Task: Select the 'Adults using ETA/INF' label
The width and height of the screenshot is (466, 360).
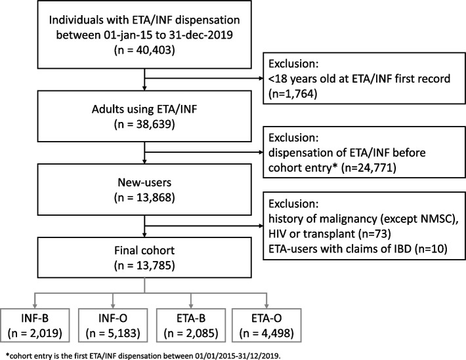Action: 144,110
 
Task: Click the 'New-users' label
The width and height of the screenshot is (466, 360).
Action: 144,182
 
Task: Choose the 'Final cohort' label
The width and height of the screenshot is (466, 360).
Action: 144,250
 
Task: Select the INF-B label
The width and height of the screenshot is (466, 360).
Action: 35,319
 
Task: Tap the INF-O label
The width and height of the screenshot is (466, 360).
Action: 113,319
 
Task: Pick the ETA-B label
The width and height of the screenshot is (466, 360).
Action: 191,319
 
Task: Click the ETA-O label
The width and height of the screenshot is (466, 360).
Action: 266,319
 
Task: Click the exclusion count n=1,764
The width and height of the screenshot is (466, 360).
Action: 293,94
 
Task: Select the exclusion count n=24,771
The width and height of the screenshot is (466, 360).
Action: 369,168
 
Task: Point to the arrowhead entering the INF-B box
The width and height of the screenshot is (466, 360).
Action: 35,306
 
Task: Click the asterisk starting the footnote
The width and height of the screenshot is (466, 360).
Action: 7,355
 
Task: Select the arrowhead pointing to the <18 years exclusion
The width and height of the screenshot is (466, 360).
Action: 261,79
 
